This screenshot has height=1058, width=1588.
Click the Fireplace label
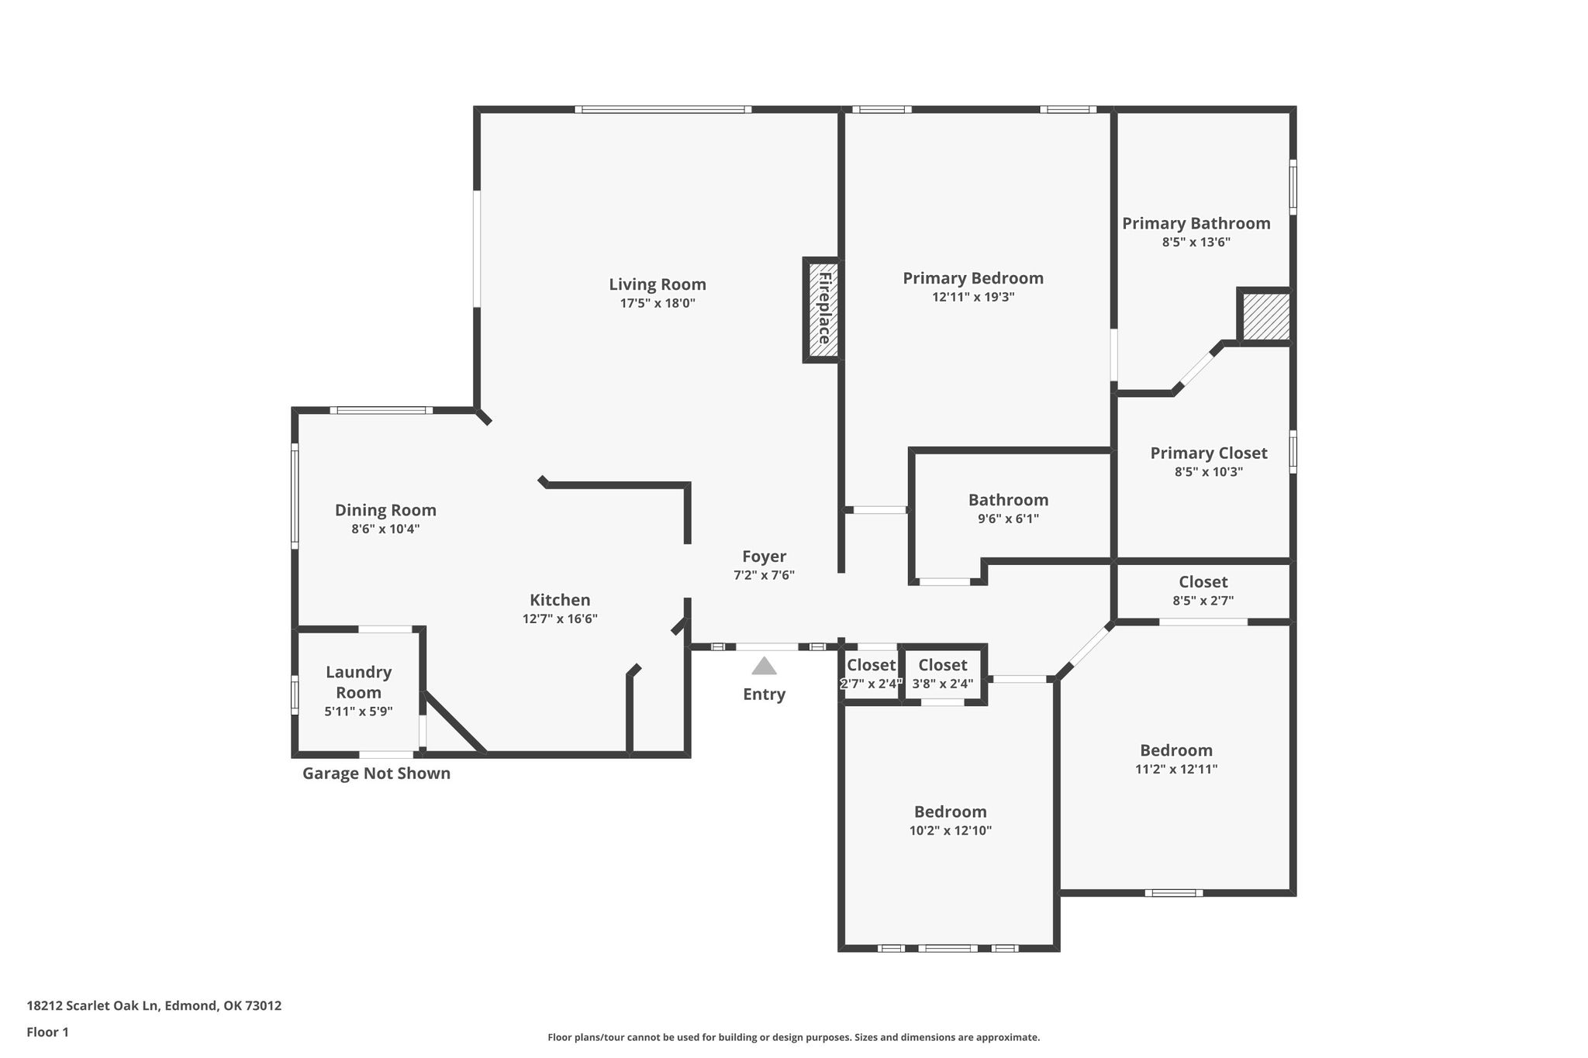(824, 308)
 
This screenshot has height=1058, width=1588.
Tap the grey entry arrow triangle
(764, 666)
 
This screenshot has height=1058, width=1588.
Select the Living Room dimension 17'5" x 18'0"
(658, 303)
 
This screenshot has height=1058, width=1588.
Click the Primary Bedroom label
(973, 278)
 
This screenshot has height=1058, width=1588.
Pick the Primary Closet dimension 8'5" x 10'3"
(1209, 471)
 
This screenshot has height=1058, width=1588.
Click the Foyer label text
(765, 557)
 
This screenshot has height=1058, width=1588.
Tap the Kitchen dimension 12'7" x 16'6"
(560, 619)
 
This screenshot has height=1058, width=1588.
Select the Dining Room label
(385, 511)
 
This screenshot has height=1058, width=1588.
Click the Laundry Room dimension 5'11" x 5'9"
(358, 711)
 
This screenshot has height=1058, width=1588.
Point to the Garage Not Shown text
(376, 774)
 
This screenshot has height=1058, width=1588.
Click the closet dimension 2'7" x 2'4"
(872, 684)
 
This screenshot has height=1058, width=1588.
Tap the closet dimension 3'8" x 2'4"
(943, 684)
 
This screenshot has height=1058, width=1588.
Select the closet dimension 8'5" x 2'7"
(1203, 600)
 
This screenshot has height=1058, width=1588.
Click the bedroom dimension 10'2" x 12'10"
(951, 830)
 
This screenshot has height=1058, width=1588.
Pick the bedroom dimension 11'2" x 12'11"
(1176, 769)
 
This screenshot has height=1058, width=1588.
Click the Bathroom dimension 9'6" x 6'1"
(1008, 519)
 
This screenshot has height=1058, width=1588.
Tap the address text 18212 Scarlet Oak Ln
(93, 1006)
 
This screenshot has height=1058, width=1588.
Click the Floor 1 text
(48, 1032)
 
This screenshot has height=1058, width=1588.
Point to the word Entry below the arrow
(764, 694)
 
